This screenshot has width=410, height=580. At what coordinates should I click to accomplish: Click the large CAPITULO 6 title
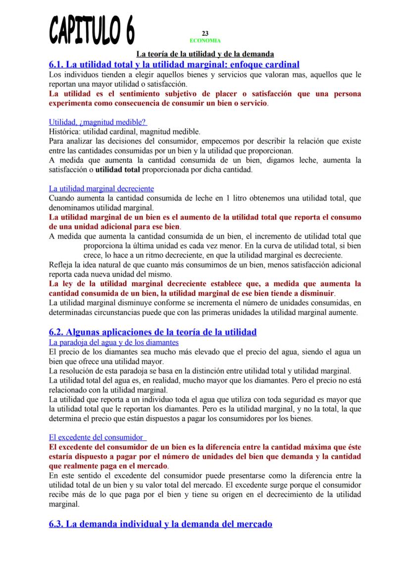(92, 29)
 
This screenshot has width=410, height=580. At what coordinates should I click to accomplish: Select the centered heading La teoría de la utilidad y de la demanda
(205, 53)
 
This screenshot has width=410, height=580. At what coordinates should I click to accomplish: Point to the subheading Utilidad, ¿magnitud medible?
(98, 122)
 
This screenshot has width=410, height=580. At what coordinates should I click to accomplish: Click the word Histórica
(64, 132)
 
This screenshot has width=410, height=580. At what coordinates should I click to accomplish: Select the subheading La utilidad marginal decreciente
(102, 189)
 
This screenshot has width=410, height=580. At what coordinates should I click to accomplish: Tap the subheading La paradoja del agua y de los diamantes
(114, 342)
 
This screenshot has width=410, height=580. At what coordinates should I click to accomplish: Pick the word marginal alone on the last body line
(64, 504)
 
